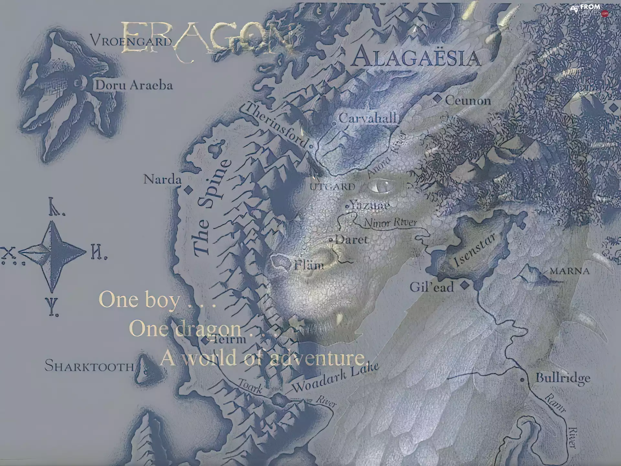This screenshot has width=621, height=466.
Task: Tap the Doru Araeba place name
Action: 134,85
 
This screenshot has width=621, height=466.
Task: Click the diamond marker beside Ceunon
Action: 437,99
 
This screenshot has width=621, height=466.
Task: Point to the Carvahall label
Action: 367,118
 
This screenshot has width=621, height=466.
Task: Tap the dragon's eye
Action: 382,186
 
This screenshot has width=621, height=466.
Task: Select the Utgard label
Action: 332,187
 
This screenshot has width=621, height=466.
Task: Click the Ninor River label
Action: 390,223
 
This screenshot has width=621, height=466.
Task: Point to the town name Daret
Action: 352,240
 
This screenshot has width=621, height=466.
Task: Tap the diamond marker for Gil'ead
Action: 465,285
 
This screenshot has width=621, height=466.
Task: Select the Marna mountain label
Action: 570,271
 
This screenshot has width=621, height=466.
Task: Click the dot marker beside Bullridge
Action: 522,380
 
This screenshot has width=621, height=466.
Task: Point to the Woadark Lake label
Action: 335,377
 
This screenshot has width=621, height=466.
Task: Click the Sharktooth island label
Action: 89,366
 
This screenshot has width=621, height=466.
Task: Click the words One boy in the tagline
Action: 139,300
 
